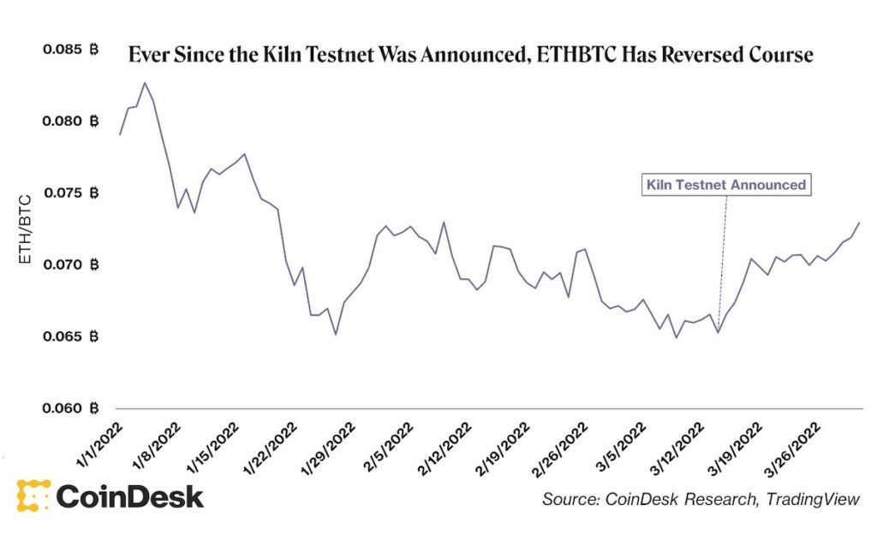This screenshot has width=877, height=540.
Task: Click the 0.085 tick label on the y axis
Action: click(x=70, y=50)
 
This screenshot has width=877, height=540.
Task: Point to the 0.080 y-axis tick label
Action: click(x=70, y=121)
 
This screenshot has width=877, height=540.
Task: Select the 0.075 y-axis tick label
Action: click(x=70, y=193)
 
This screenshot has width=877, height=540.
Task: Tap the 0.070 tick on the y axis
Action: click(x=70, y=264)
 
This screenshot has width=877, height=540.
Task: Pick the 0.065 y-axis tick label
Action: click(x=70, y=336)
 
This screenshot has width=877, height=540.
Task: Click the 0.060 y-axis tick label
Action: click(x=70, y=408)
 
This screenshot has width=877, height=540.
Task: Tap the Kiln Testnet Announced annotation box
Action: click(x=725, y=184)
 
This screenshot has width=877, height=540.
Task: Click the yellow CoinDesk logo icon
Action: click(x=32, y=496)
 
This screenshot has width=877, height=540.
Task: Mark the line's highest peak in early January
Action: click(x=145, y=83)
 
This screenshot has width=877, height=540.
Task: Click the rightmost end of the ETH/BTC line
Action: click(x=859, y=223)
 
